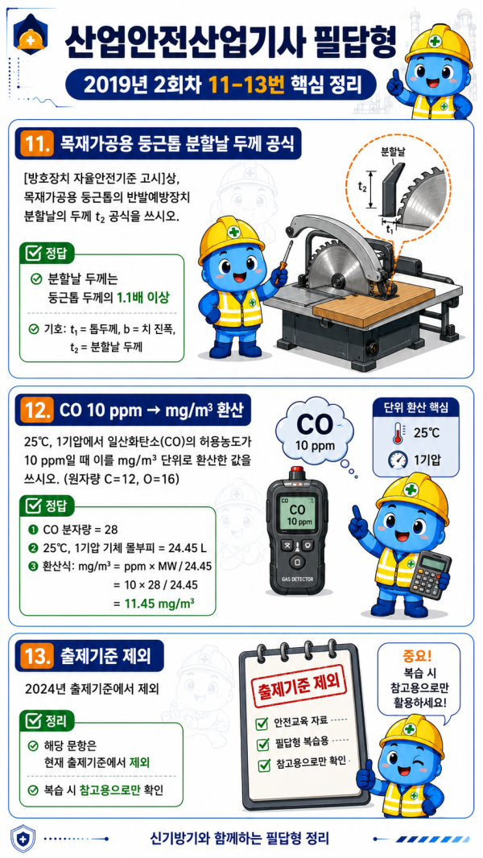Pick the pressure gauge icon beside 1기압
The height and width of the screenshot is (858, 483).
(398, 460)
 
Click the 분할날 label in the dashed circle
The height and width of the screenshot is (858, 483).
(392, 150)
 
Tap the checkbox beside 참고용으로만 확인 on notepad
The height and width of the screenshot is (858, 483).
(264, 764)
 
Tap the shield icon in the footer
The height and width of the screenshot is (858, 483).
(23, 839)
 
